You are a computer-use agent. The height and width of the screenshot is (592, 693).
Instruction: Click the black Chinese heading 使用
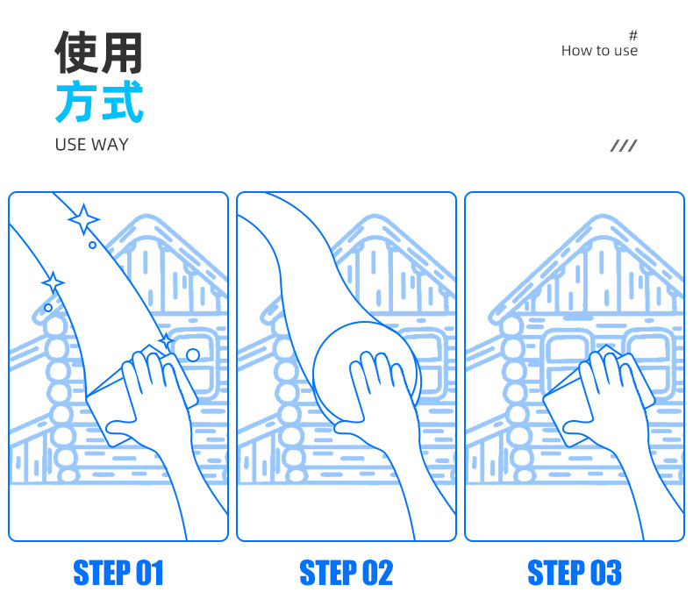[x=98, y=52]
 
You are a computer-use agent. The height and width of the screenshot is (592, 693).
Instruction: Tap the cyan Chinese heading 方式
[x=99, y=101]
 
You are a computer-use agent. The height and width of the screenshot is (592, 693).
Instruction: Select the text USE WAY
[x=91, y=145]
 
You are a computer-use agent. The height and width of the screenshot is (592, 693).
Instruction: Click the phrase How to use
[x=599, y=51]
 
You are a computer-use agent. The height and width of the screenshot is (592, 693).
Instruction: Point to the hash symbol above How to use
[x=632, y=35]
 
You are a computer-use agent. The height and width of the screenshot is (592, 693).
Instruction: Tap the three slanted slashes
[x=624, y=146]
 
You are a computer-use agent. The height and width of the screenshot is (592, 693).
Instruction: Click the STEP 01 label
[x=118, y=573]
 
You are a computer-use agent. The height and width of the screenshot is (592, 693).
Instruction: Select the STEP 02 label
[x=346, y=573]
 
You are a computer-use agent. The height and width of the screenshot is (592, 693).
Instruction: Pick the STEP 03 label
[x=575, y=573]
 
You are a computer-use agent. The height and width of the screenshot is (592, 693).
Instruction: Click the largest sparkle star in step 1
[x=83, y=219]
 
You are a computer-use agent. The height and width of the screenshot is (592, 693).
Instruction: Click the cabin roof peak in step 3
[x=602, y=218]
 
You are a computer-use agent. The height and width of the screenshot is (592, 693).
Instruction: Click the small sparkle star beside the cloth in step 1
[x=166, y=341]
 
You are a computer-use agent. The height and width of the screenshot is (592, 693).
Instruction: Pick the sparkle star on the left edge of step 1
[x=53, y=282]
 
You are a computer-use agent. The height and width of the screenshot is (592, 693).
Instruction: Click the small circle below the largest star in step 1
[x=92, y=245]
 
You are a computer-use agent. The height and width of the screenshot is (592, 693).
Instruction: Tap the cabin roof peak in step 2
[x=374, y=218]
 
